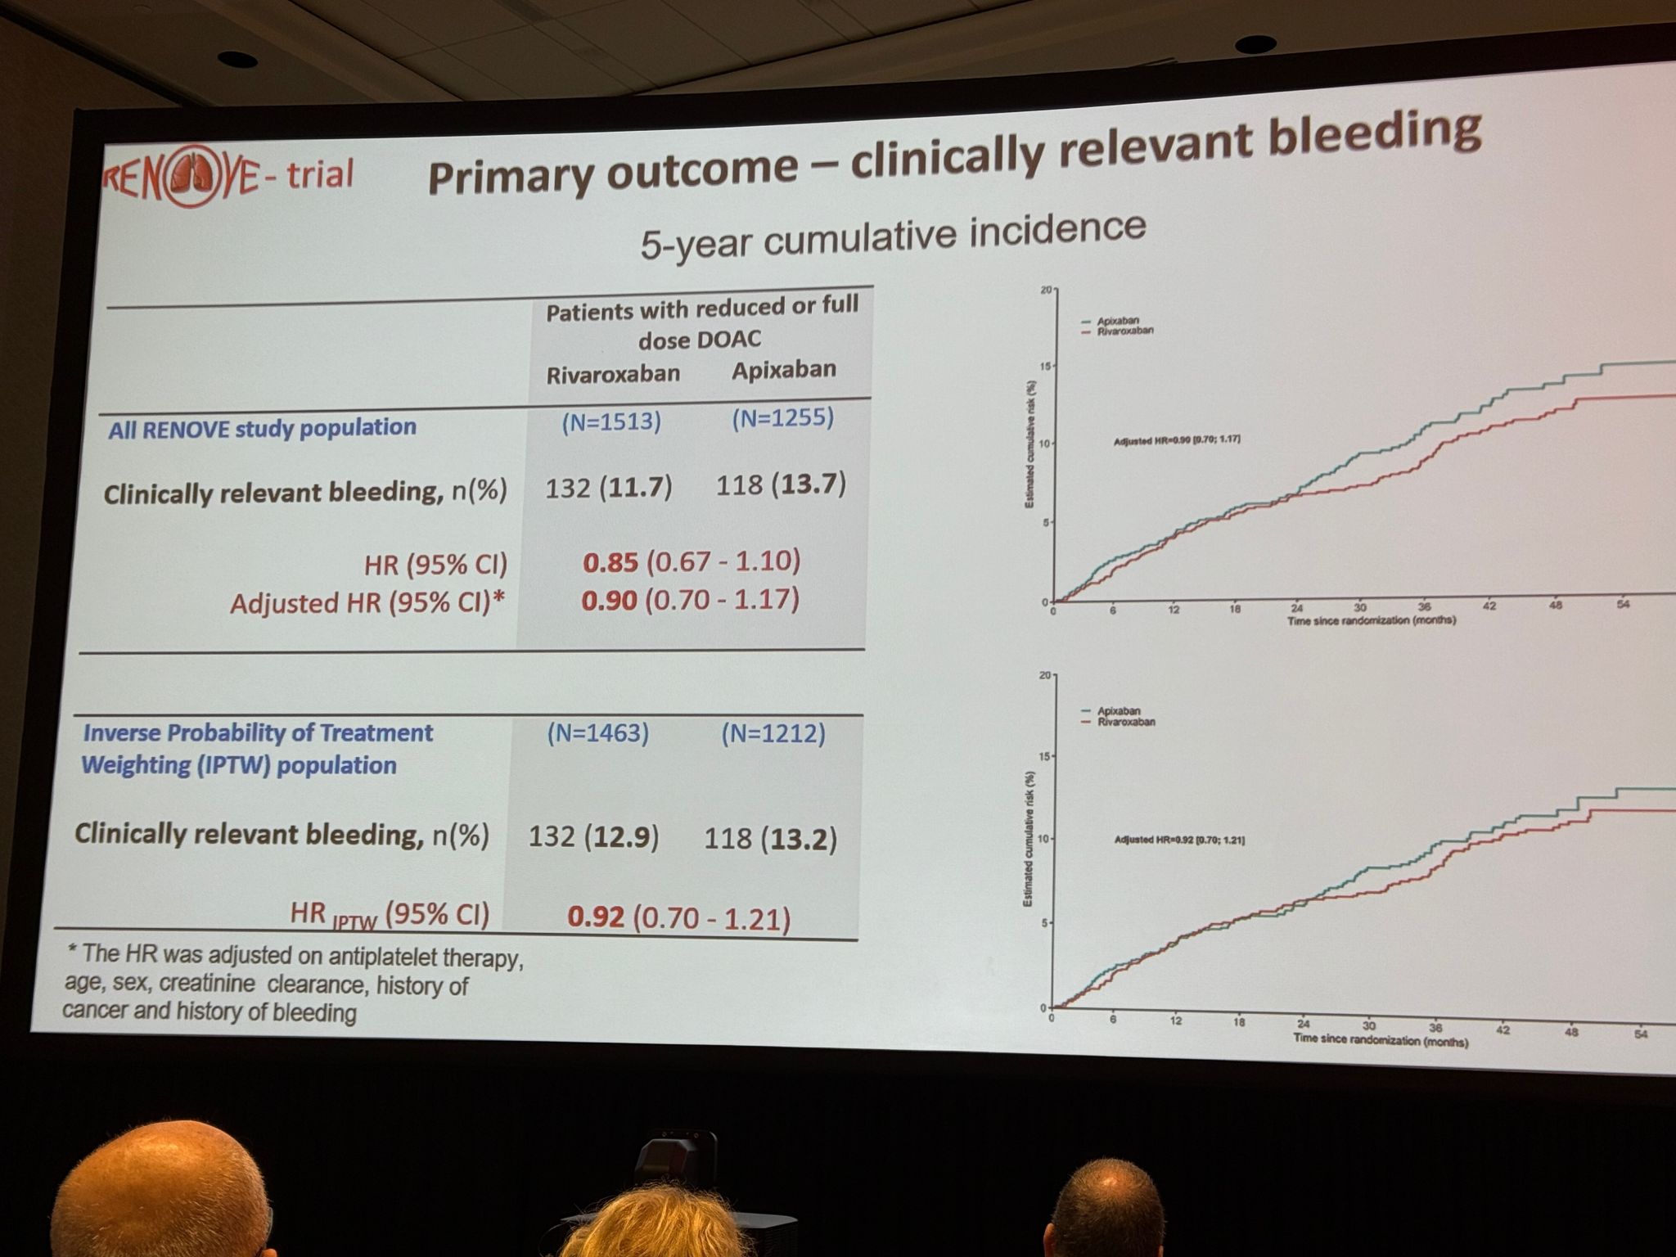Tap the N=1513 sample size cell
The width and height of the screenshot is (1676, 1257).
(x=611, y=421)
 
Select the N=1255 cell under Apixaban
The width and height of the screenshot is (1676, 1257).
(x=782, y=418)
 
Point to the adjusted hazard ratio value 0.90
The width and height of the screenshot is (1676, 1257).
(x=609, y=601)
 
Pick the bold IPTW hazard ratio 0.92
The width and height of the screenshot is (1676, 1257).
(x=596, y=917)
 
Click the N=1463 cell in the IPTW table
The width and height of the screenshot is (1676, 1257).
(x=597, y=733)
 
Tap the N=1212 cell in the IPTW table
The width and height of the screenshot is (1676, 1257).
(x=773, y=733)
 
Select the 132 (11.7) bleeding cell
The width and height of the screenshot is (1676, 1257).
(x=608, y=489)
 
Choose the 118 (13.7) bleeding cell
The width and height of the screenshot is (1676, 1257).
(x=781, y=485)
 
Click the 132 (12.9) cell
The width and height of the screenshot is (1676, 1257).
(x=593, y=837)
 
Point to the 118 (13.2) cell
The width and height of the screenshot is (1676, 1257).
(x=770, y=839)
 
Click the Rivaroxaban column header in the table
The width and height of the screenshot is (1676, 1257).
(x=613, y=374)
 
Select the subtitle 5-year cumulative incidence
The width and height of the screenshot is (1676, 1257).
(x=892, y=235)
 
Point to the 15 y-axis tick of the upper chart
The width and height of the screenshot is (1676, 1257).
(x=1044, y=366)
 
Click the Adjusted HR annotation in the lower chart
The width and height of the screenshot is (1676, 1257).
(x=1178, y=840)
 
